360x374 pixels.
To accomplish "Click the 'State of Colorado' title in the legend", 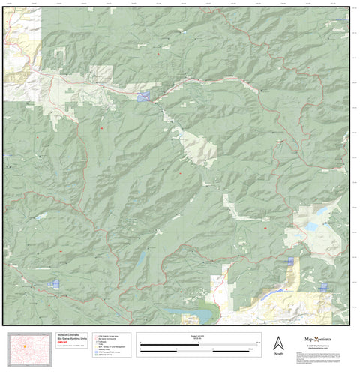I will (x=70, y=337).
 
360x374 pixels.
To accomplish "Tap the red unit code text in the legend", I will (x=62, y=345).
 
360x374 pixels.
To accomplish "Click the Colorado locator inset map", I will (x=28, y=348).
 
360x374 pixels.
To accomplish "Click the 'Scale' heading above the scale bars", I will (x=197, y=337).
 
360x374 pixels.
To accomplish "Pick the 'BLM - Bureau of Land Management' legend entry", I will (x=112, y=346).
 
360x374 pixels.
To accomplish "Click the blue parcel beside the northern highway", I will (x=144, y=97).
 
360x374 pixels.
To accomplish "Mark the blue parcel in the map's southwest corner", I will (x=53, y=283).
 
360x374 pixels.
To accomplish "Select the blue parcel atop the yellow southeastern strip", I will (x=290, y=261).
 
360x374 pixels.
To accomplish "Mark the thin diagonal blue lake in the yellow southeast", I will (x=280, y=288).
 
